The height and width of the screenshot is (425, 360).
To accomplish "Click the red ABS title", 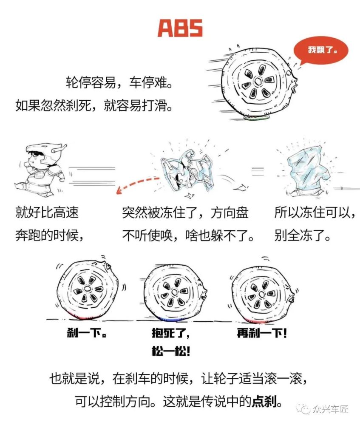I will [x=180, y=28].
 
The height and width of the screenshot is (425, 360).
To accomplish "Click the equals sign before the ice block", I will [x=258, y=171].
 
